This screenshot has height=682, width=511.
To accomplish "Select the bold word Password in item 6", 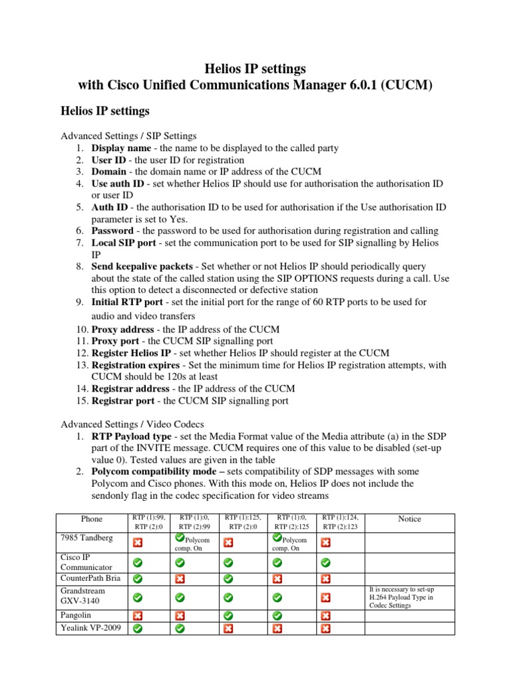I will (112, 230).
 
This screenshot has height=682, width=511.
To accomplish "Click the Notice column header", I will (409, 519).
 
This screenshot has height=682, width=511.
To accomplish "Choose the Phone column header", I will (92, 519).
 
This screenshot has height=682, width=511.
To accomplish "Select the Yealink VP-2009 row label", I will (90, 627).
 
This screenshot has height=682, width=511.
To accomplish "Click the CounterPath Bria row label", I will (90, 578).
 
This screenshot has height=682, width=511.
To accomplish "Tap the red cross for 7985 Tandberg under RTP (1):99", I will (137, 543).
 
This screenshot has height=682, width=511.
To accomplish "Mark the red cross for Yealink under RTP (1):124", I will (325, 629).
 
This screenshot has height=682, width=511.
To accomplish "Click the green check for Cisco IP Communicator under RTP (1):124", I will (325, 563).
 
